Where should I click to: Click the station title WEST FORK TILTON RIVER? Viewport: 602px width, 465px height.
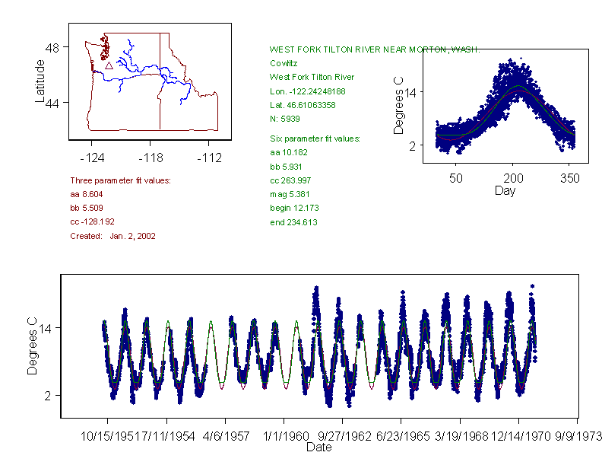point(375,49)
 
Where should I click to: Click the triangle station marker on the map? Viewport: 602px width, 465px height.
point(109,66)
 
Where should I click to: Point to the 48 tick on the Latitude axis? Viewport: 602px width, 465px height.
point(52,47)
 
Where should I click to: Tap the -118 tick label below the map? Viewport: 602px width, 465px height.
point(150,158)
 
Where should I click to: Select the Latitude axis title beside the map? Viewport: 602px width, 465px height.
point(40,80)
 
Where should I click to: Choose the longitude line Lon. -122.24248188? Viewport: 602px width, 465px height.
point(307,91)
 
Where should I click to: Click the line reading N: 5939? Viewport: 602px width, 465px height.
point(287,119)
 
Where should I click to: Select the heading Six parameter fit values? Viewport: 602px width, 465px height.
point(315,139)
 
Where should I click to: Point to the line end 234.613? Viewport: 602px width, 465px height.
point(293,222)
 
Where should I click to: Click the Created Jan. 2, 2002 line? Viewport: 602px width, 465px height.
point(112,236)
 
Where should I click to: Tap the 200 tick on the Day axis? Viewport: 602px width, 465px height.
point(514,178)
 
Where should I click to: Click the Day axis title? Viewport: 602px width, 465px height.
point(505,191)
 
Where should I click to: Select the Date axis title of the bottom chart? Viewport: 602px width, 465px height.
point(318,448)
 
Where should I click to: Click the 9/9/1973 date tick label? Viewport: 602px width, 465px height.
point(578,437)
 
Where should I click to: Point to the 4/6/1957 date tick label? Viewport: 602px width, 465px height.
point(225,437)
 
